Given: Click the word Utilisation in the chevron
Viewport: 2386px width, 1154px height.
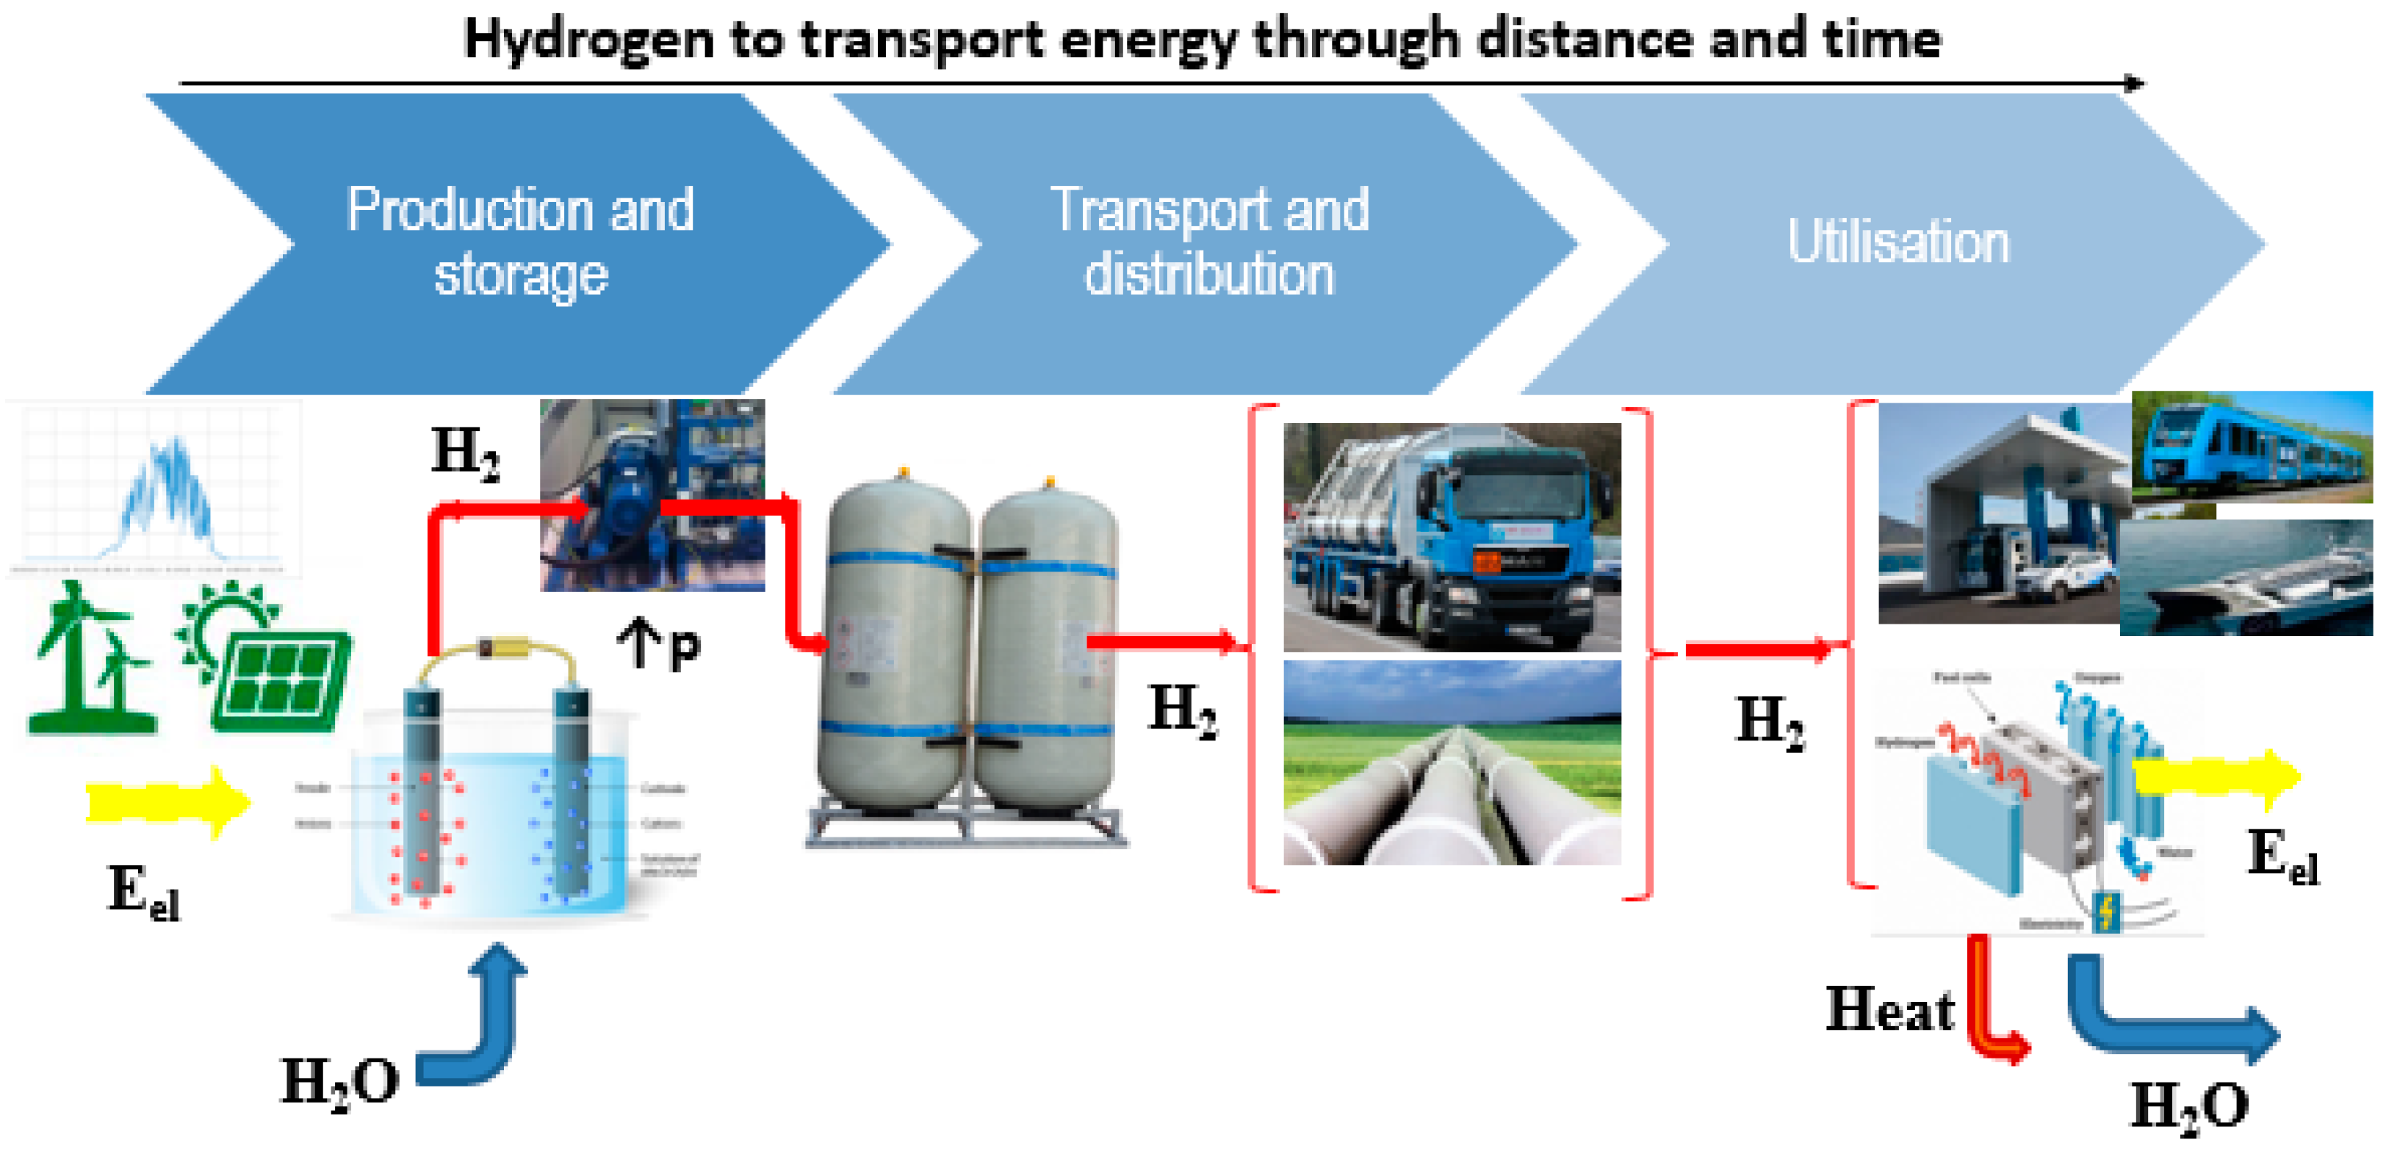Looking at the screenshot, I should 1898,242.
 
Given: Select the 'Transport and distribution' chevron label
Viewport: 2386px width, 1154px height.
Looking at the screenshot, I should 1208,241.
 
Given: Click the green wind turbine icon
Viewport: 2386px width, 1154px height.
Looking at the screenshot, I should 89,657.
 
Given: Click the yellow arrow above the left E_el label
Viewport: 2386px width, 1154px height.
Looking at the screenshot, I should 167,802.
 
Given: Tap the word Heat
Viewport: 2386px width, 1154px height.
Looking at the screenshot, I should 1889,1009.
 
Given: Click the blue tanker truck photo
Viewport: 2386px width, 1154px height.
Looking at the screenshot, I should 1452,537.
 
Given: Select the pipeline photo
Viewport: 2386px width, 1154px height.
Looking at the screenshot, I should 1452,762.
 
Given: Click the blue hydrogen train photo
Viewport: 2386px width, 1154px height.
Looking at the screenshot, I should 2251,447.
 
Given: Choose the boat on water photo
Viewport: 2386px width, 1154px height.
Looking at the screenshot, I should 2246,579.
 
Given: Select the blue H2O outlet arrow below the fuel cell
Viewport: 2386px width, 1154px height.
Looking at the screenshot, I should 2158,1019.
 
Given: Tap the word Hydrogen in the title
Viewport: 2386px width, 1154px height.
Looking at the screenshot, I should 588,39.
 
